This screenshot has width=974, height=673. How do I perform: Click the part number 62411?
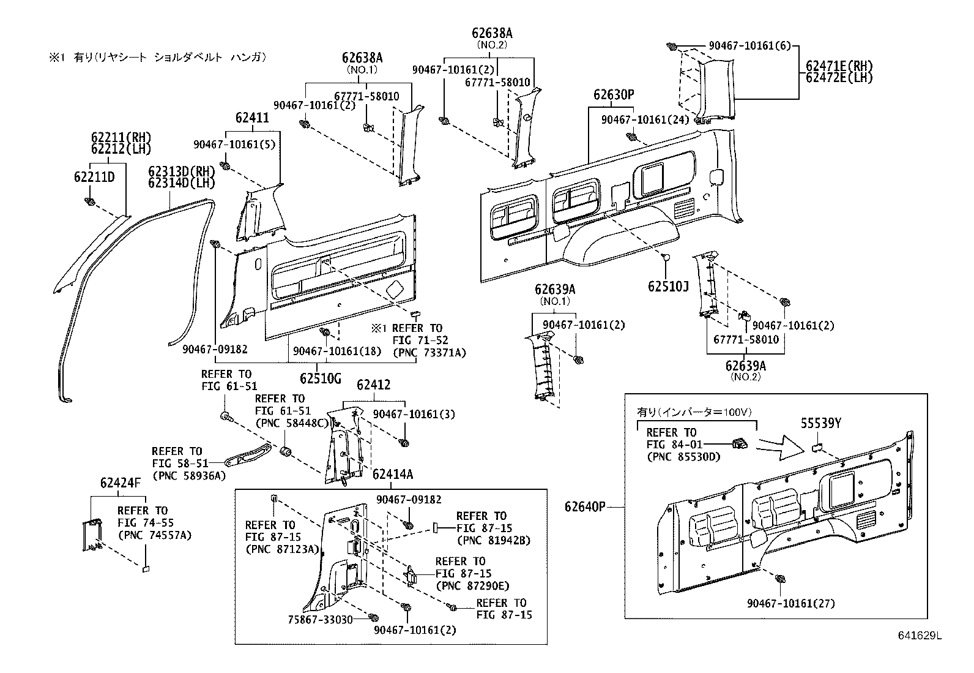click(x=251, y=118)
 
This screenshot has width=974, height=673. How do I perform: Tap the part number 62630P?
click(x=613, y=95)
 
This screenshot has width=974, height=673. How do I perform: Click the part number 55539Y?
click(x=821, y=423)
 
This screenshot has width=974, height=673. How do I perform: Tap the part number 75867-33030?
click(x=320, y=619)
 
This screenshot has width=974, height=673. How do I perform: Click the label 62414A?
click(x=393, y=474)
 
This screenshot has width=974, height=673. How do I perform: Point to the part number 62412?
click(x=373, y=385)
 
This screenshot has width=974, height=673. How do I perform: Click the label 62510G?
click(x=320, y=378)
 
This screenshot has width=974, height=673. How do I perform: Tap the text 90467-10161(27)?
click(x=790, y=603)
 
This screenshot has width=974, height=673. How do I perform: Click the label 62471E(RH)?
click(x=839, y=66)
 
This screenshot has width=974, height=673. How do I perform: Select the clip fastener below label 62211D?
click(x=90, y=201)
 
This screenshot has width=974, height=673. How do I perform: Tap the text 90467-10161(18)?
click(x=336, y=351)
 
